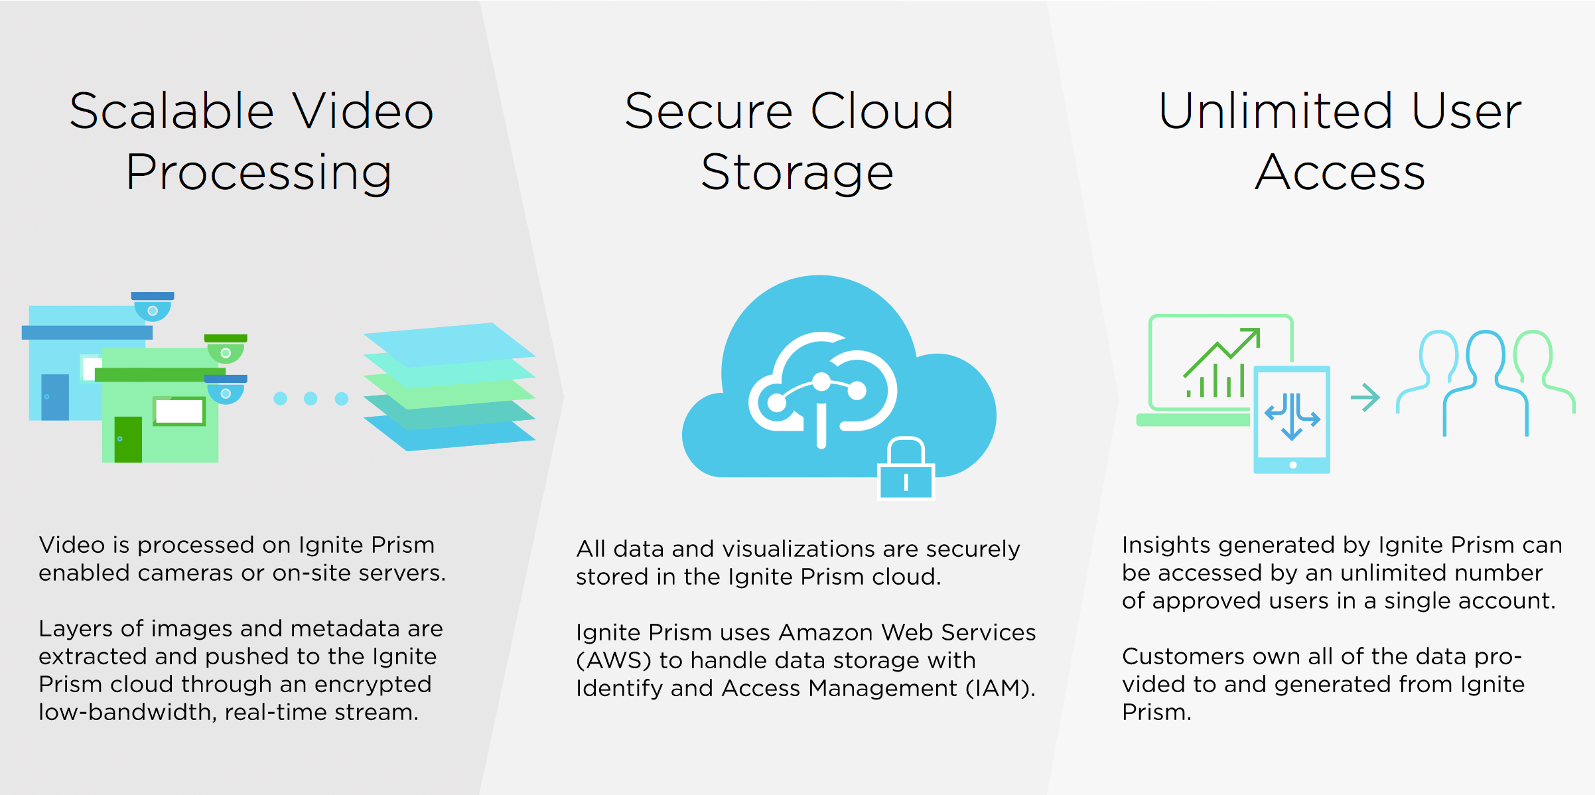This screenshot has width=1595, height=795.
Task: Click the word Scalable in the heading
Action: (x=172, y=111)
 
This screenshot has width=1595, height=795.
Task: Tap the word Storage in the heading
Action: (x=797, y=173)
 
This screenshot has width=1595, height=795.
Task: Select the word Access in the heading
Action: (x=1340, y=173)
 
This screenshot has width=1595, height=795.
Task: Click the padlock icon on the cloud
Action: (x=906, y=468)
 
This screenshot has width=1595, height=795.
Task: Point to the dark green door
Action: (x=128, y=439)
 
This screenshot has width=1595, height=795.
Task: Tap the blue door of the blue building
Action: (x=55, y=397)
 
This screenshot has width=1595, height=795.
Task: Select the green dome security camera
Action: (x=226, y=348)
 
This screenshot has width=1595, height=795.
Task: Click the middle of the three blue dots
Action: (x=311, y=398)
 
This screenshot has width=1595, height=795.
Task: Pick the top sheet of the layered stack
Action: (x=450, y=344)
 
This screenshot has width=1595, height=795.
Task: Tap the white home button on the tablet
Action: (x=1292, y=465)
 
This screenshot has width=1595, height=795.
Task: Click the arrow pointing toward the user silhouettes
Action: (x=1365, y=397)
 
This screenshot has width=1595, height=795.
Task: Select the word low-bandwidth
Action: (x=127, y=712)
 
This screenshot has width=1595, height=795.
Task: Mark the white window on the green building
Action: (x=179, y=411)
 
